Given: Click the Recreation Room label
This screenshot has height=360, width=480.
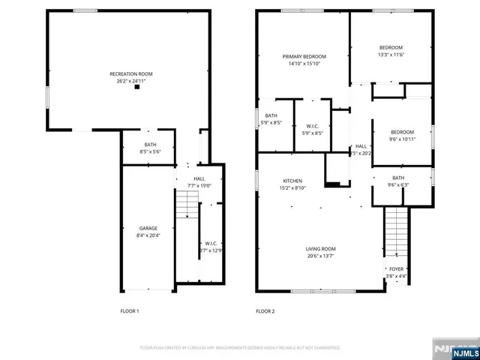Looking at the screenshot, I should (130, 73).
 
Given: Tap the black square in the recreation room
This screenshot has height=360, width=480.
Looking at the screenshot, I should (136, 88).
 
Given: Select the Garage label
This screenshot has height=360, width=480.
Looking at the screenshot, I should (147, 227).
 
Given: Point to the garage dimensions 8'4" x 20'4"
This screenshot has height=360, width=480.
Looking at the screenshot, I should (147, 235).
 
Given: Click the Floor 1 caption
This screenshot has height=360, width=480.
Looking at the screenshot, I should (130, 310).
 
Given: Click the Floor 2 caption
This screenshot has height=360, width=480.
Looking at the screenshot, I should (265, 310).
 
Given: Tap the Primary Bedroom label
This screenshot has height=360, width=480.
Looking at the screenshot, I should (304, 56).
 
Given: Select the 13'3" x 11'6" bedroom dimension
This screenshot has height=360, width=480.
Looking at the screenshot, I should (391, 54).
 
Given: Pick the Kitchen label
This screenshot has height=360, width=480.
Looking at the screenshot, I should (292, 181).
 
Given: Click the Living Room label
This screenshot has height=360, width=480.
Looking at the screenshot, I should (320, 248).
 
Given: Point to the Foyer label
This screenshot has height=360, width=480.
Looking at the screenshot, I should (395, 268).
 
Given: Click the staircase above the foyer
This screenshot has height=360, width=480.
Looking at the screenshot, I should (395, 232).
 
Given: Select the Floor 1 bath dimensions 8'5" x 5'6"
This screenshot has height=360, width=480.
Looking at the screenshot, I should (150, 151).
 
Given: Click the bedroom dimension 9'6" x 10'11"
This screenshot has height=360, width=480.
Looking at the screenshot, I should (402, 139).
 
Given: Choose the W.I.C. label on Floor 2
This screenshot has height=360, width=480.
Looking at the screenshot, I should (312, 126).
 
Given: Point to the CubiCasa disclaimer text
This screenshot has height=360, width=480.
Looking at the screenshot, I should (240, 348).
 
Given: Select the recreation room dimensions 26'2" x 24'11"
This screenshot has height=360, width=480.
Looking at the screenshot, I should (130, 81).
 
